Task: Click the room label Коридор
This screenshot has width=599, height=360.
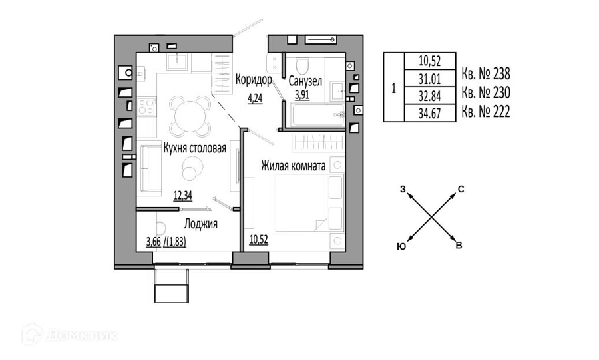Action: pyautogui.click(x=254, y=79)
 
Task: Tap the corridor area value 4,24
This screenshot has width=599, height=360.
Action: pyautogui.click(x=255, y=98)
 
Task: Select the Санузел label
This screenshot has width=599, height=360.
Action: pyautogui.click(x=305, y=81)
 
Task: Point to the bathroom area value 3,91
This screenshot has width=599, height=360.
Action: pyautogui.click(x=301, y=94)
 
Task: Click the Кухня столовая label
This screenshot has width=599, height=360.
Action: pyautogui.click(x=195, y=148)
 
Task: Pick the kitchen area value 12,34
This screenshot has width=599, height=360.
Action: pyautogui.click(x=183, y=196)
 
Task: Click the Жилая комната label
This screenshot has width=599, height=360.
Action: pyautogui.click(x=294, y=166)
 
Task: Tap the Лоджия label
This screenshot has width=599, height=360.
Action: pyautogui.click(x=201, y=224)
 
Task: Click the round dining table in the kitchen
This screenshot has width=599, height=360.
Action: pyautogui.click(x=190, y=116)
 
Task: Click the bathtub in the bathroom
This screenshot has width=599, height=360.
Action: pyautogui.click(x=318, y=116)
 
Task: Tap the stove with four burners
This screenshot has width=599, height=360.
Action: pyautogui.click(x=146, y=106)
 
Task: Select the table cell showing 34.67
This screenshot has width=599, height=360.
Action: pyautogui.click(x=430, y=113)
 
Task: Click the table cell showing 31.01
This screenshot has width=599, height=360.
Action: pyautogui.click(x=430, y=79)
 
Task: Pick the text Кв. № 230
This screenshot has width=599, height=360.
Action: pyautogui.click(x=486, y=92)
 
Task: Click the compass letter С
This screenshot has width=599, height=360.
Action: pyautogui.click(x=461, y=189)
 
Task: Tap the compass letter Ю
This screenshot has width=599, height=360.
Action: pyautogui.click(x=401, y=247)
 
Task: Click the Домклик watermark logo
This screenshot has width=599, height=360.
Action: pyautogui.click(x=69, y=335)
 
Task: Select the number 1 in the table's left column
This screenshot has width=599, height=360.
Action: pyautogui.click(x=393, y=89)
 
